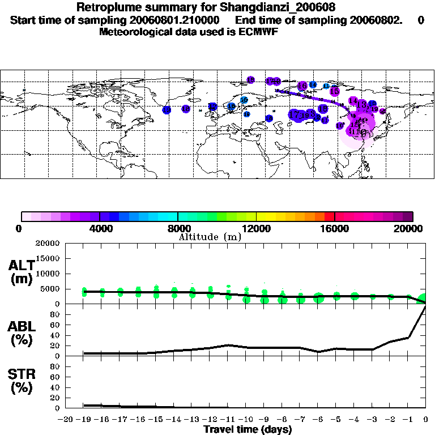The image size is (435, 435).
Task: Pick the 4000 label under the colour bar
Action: (x=99, y=228)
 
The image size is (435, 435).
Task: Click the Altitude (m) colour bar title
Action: (x=210, y=237)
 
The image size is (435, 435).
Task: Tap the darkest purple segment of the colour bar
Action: (x=408, y=216)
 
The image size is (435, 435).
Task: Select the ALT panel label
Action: (x=21, y=272)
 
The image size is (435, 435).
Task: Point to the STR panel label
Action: (x=21, y=381)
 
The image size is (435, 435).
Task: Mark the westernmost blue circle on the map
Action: (x=167, y=110)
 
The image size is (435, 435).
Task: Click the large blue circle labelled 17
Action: (x=295, y=114)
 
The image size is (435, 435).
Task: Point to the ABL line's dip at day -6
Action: (x=319, y=351)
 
